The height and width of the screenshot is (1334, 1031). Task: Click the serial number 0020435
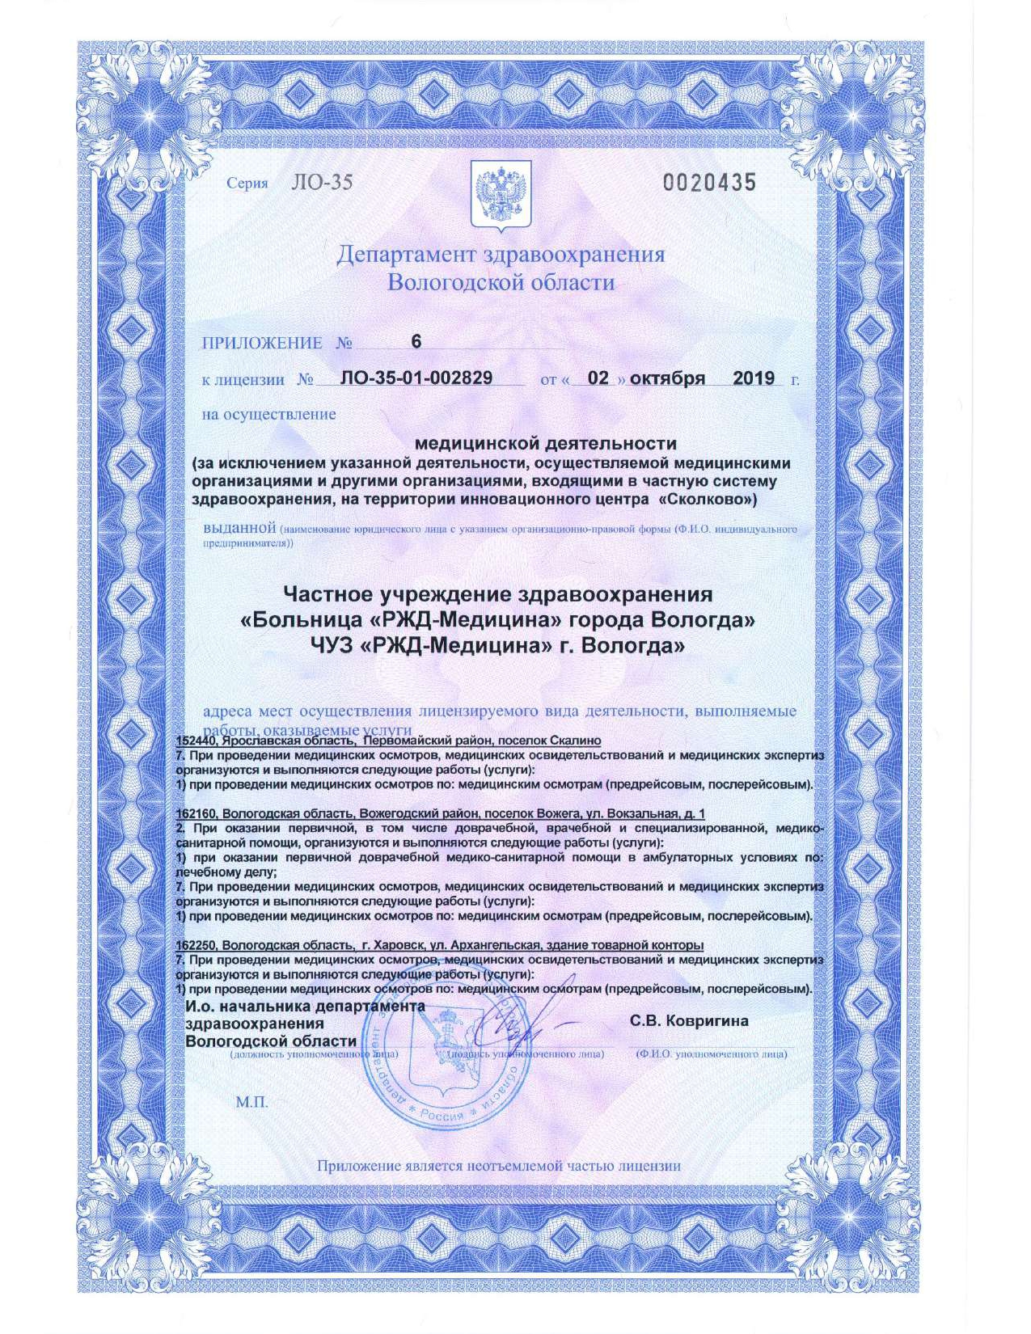tap(709, 183)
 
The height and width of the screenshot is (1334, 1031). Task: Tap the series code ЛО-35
tap(321, 183)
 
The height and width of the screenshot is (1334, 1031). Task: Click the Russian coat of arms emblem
tap(501, 194)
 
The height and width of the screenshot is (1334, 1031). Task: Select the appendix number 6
tap(416, 342)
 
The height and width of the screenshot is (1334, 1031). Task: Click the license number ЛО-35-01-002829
tap(416, 378)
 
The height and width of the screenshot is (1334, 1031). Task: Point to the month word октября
tap(667, 378)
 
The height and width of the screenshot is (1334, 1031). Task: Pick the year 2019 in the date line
tap(753, 378)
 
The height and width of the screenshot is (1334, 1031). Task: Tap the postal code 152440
tap(196, 741)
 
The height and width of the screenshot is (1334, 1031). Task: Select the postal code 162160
tap(196, 813)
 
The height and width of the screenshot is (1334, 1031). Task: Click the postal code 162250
tap(196, 945)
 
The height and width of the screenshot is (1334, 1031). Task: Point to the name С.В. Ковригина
tap(689, 1021)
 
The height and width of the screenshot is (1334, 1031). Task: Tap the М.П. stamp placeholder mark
tap(251, 1103)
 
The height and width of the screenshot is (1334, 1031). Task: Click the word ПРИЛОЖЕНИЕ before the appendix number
tap(262, 343)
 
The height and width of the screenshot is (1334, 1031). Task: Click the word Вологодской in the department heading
tap(449, 283)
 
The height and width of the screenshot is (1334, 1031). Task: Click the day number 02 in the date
tap(598, 378)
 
